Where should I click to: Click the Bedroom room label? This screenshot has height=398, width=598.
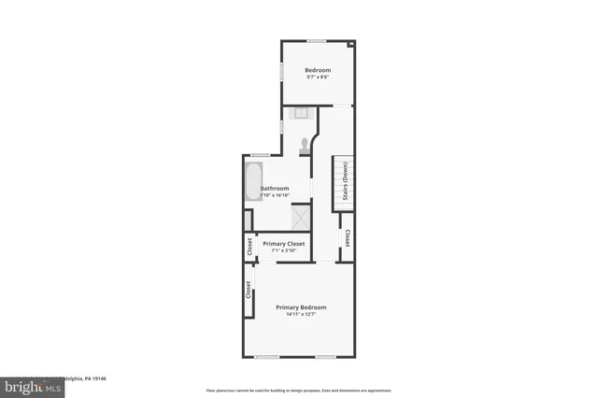318,70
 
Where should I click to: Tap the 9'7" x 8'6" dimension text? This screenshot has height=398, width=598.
318,77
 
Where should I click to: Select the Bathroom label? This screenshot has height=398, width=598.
275,188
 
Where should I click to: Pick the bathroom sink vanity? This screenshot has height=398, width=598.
301,113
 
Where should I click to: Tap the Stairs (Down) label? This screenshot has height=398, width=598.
346,181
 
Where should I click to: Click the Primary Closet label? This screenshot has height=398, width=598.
284,244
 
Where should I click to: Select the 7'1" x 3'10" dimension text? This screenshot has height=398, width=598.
284,250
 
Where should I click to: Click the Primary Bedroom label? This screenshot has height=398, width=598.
301,307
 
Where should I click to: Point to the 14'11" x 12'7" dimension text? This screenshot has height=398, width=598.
301,314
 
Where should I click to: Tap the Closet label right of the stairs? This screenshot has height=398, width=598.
348,238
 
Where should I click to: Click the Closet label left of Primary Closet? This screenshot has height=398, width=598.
249,247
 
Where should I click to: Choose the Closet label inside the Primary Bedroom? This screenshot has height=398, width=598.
249,290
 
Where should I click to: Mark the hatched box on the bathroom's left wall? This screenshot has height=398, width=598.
248,220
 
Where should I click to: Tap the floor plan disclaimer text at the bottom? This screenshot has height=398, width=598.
299,391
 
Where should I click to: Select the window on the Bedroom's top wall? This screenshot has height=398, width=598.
318,40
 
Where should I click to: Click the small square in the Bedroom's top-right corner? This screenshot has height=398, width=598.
351,44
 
